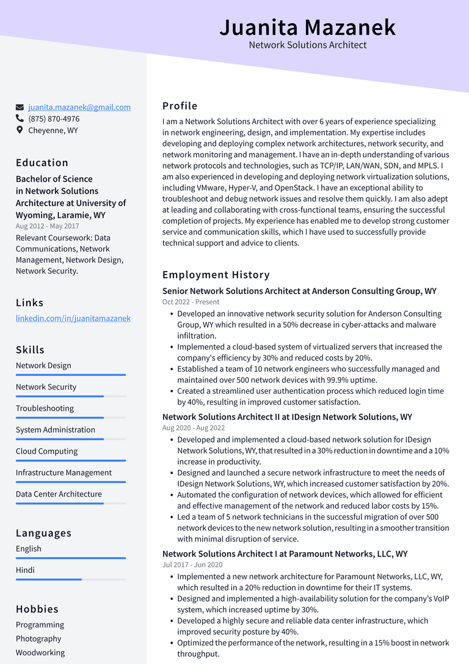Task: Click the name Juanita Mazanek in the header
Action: pyautogui.click(x=307, y=28)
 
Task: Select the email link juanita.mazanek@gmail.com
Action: pyautogui.click(x=79, y=107)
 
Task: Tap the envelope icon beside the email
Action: pyautogui.click(x=20, y=107)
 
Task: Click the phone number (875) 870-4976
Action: pyautogui.click(x=54, y=119)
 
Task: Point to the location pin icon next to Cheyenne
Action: pyautogui.click(x=20, y=130)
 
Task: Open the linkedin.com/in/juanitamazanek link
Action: pyautogui.click(x=73, y=318)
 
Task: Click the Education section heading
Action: pyautogui.click(x=42, y=163)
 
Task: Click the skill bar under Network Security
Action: pyautogui.click(x=70, y=396)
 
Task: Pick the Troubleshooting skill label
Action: pyautogui.click(x=45, y=408)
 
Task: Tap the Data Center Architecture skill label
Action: pyautogui.click(x=59, y=493)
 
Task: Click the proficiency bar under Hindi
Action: pyautogui.click(x=70, y=579)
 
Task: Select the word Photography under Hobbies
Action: pyautogui.click(x=38, y=638)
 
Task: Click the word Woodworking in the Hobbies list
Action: pyautogui.click(x=40, y=652)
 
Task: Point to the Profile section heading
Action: pyautogui.click(x=180, y=106)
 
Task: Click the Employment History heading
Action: pyautogui.click(x=216, y=275)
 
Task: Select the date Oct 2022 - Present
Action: pyautogui.click(x=191, y=302)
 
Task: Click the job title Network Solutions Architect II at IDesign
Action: pyautogui.click(x=287, y=417)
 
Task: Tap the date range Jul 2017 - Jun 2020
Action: pyautogui.click(x=192, y=565)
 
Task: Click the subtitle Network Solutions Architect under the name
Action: pyautogui.click(x=308, y=45)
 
